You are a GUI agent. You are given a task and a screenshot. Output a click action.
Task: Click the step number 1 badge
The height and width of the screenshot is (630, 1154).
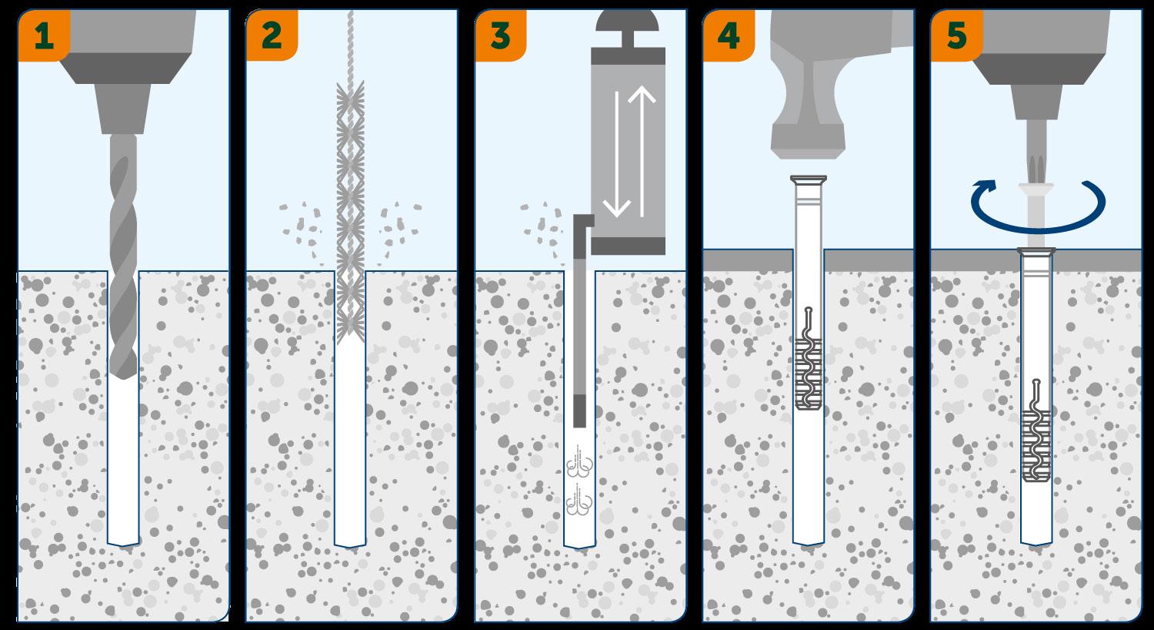[44, 35]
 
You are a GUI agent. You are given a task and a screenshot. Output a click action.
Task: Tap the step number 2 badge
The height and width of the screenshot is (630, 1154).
[272, 35]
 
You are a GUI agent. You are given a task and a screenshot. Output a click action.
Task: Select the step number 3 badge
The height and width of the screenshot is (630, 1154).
[500, 35]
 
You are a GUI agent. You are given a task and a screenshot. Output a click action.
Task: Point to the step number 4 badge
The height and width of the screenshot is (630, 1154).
[729, 35]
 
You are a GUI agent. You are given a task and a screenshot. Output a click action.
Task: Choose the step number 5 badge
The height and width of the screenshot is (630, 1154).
[957, 35]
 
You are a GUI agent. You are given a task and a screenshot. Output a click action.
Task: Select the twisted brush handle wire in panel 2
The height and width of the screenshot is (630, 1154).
[350, 45]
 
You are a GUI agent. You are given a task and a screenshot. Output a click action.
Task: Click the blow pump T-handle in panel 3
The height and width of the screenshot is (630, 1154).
[628, 28]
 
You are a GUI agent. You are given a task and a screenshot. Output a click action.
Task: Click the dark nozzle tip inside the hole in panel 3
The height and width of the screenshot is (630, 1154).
[579, 411]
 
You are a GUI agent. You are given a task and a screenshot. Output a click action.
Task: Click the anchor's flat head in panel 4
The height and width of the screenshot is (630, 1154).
[809, 179]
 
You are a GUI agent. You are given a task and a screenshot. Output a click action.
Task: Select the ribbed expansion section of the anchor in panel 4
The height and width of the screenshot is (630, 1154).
[809, 374]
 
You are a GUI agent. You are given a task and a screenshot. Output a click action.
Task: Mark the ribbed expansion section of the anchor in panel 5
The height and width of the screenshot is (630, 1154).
[1036, 447]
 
